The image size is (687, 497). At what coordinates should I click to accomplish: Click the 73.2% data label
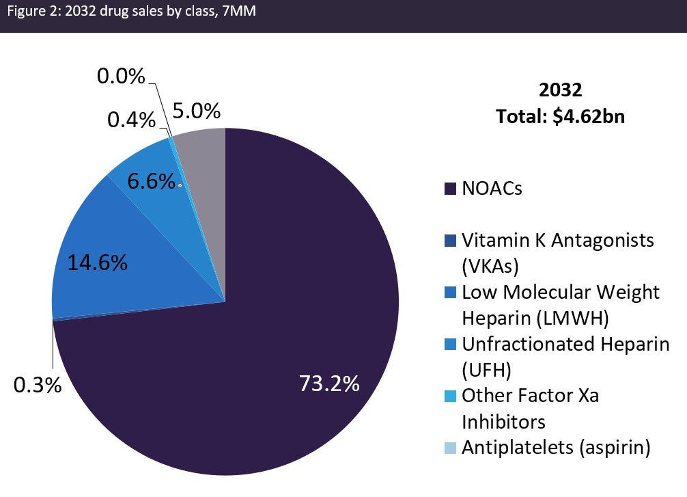(329, 384)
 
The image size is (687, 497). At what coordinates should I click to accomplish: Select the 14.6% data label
(97, 263)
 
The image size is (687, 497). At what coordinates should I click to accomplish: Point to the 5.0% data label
(196, 110)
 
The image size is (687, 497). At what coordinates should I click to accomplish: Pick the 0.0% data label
(121, 76)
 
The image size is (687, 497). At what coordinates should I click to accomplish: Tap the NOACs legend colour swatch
(450, 189)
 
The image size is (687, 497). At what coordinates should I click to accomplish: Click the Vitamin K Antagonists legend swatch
(450, 241)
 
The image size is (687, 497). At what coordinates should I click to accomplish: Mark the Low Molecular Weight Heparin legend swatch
(450, 293)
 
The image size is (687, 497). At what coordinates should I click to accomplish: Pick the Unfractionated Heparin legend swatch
(450, 344)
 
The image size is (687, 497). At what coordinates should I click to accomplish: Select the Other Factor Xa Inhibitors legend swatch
(450, 396)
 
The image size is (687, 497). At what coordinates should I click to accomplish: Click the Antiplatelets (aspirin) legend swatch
(450, 448)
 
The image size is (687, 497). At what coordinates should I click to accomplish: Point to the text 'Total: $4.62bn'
(560, 116)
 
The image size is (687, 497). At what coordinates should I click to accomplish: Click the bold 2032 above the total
(560, 90)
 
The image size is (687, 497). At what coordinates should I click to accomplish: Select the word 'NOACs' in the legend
(492, 189)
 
